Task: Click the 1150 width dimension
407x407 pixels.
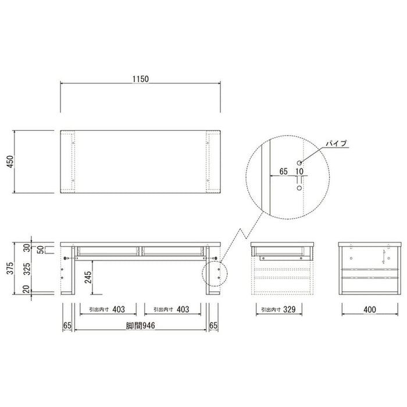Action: point(141,79)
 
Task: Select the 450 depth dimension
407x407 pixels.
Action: point(10,162)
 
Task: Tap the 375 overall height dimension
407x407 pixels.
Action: point(10,269)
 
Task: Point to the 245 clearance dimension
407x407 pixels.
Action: point(88,277)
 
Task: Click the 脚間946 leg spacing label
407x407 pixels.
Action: point(141,326)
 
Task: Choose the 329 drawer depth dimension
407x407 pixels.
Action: point(290,309)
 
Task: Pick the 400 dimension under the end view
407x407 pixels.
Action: point(370,309)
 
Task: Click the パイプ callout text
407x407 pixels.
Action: point(336,144)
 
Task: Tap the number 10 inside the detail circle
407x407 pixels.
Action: point(299,172)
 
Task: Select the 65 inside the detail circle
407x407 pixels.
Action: point(284,172)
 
